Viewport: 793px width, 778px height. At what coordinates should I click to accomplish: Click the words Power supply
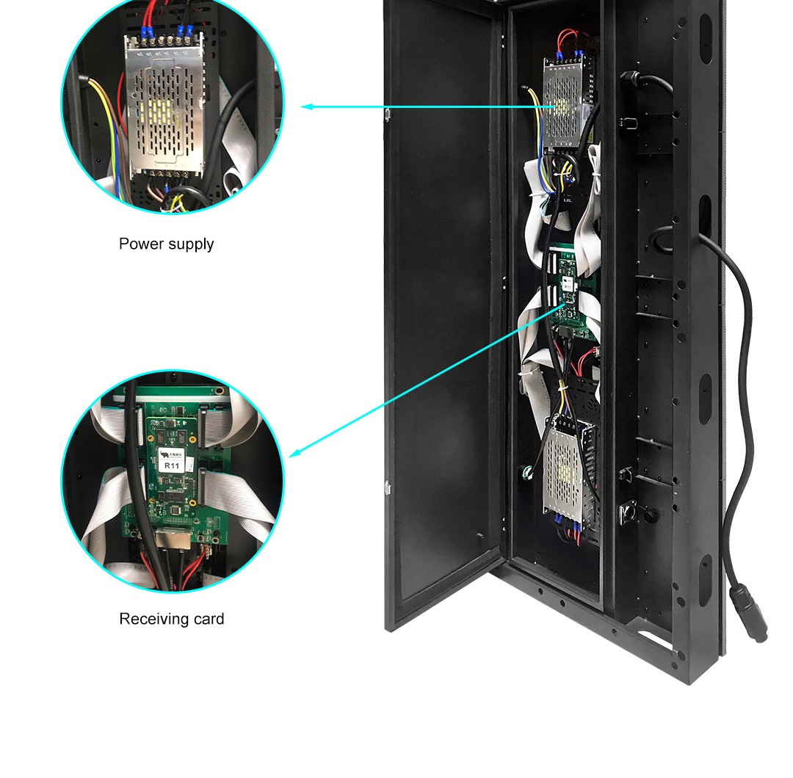point(166,244)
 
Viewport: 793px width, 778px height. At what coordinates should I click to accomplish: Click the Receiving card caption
point(171,619)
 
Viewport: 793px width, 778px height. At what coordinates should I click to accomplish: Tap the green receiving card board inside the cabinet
point(570,294)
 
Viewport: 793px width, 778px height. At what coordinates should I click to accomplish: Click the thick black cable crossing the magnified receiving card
point(135,470)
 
